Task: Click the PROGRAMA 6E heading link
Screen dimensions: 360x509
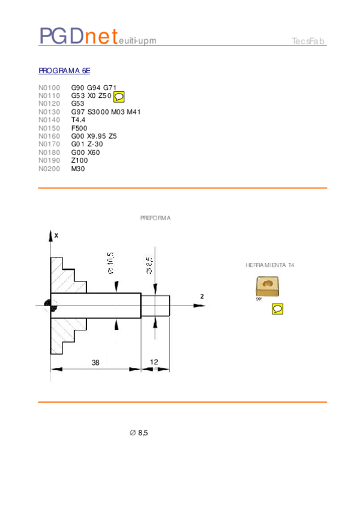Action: pos(64,71)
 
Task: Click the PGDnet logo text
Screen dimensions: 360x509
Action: pos(77,37)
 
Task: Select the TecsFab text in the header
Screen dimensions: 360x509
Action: pos(308,41)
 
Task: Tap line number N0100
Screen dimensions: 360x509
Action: pos(49,88)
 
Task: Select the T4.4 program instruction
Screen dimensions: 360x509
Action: pos(78,120)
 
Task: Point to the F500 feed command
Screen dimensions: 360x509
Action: pos(79,128)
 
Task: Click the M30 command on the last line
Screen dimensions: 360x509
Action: pos(78,169)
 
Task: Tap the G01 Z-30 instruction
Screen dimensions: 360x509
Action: pos(87,145)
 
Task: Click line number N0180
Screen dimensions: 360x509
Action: pos(49,152)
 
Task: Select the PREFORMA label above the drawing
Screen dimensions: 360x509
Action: pos(155,218)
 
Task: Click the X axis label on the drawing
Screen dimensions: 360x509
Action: pos(56,236)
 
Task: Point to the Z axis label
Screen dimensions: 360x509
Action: pos(202,297)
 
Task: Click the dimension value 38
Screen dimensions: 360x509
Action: pos(95,363)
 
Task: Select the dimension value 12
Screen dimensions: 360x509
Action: pos(154,363)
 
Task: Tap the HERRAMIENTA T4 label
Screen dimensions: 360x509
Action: pos(270,265)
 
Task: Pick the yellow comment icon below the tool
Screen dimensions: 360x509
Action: pos(277,309)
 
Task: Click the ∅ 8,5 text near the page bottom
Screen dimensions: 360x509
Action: pos(139,433)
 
